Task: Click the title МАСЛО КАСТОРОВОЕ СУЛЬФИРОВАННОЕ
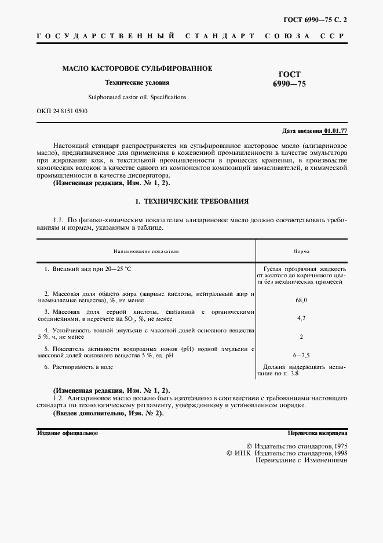pos(137,68)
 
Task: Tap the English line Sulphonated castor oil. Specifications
pos(137,97)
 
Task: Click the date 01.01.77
pos(335,131)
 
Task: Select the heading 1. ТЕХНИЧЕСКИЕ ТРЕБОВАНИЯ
pos(191,201)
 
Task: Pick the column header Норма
pos(301,252)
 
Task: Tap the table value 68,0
pos(301,301)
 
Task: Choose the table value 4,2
pos(301,318)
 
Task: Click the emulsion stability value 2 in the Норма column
pos(301,336)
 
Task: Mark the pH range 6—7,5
pos(301,354)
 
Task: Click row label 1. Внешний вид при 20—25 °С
pos(89,269)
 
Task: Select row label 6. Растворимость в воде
pos(79,367)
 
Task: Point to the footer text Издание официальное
pos(68,433)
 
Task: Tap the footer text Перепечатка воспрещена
pos(317,433)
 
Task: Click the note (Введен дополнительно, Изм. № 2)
pos(108,412)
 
